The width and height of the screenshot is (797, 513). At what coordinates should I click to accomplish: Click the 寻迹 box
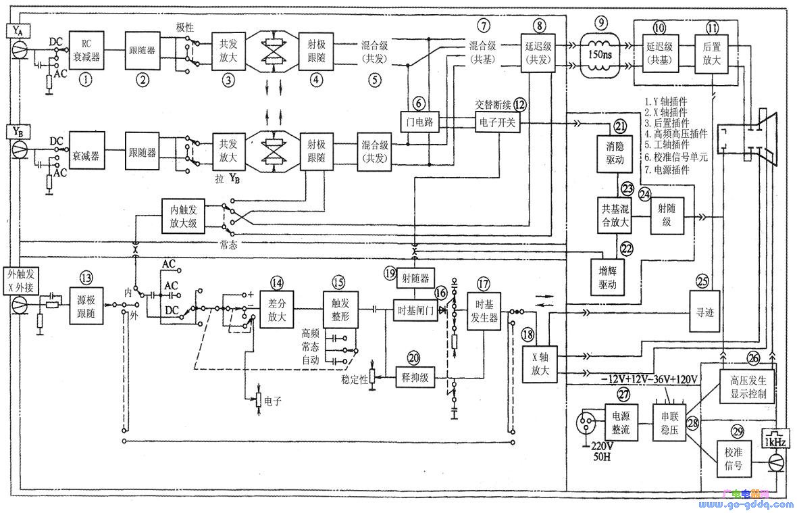point(704,313)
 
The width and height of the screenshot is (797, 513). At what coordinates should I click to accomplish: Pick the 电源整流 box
point(620,424)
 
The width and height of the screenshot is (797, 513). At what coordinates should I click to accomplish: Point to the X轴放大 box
point(540,364)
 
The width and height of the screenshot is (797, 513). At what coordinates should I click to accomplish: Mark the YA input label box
point(18,30)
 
